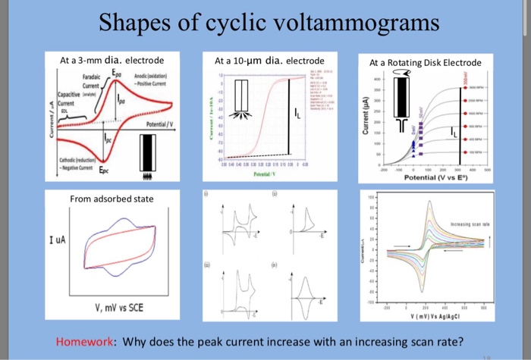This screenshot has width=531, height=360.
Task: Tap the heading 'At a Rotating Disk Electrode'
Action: point(419,62)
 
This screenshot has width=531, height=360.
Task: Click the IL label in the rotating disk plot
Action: point(454,133)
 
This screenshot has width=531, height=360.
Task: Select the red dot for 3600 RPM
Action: point(464,87)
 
